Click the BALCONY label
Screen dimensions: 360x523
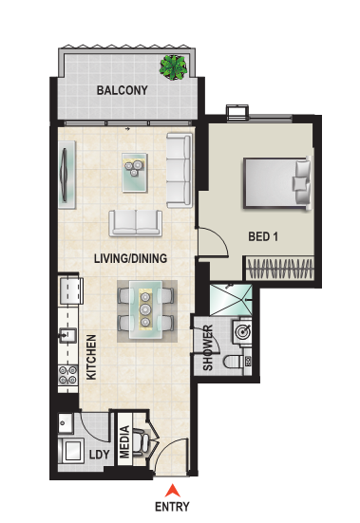pyautogui.click(x=123, y=90)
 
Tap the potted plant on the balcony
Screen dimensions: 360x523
pyautogui.click(x=173, y=67)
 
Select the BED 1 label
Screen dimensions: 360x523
pyautogui.click(x=263, y=236)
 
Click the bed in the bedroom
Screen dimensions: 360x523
pyautogui.click(x=277, y=183)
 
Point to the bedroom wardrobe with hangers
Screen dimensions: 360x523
pyautogui.click(x=280, y=269)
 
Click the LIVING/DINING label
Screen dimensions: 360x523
pyautogui.click(x=130, y=258)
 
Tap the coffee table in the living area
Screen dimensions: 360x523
pyautogui.click(x=135, y=173)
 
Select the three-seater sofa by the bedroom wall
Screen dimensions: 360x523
pyautogui.click(x=180, y=170)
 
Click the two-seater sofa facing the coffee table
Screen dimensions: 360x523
pyautogui.click(x=136, y=223)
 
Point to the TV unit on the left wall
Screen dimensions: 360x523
pyautogui.click(x=66, y=175)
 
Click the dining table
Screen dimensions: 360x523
pyautogui.click(x=145, y=310)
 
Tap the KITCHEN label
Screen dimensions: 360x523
pyautogui.click(x=91, y=357)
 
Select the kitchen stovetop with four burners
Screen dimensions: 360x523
pyautogui.click(x=67, y=375)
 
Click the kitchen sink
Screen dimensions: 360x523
pyautogui.click(x=67, y=335)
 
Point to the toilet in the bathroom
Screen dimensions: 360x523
pyautogui.click(x=235, y=362)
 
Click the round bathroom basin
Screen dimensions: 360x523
pyautogui.click(x=242, y=331)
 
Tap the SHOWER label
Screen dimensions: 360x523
pyautogui.click(x=207, y=348)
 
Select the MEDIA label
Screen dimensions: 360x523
pyautogui.click(x=124, y=441)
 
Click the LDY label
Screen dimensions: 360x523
pyautogui.click(x=100, y=455)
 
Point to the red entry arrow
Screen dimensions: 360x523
pyautogui.click(x=173, y=491)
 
